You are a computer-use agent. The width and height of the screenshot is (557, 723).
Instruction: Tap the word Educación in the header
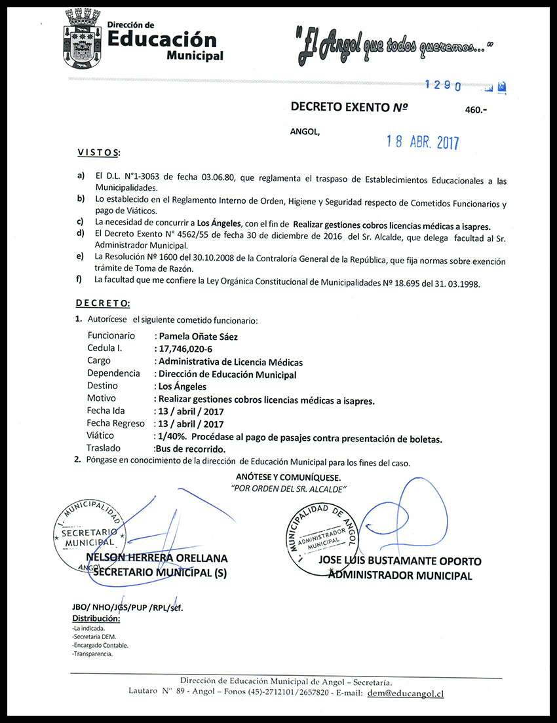(161, 40)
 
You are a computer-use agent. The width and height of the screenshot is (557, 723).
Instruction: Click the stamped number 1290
(444, 85)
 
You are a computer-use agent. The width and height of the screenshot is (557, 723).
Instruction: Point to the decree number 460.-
(476, 111)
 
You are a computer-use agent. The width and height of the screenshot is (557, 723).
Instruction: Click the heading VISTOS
(98, 153)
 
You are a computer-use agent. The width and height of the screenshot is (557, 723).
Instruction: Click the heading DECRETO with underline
(102, 303)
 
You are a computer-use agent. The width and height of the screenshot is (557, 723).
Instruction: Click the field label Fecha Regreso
(115, 424)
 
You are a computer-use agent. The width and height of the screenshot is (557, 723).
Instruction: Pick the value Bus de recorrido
(190, 449)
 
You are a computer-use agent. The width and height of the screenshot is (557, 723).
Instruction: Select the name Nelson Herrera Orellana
(161, 559)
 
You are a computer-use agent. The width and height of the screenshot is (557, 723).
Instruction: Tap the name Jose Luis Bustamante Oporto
(400, 561)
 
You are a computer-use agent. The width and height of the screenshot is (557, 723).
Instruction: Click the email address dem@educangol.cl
(406, 693)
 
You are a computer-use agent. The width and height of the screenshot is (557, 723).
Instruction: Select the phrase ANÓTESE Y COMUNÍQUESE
(288, 477)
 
